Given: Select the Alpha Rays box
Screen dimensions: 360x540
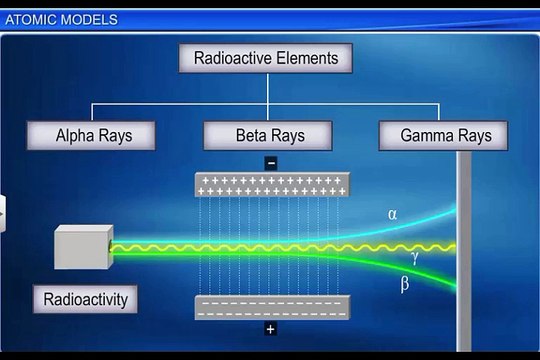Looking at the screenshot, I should (93, 134).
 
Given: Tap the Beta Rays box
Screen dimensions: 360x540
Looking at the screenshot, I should (268, 134).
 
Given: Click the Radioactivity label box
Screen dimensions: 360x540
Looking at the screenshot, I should (86, 298).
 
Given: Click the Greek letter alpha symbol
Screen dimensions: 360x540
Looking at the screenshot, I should (392, 213).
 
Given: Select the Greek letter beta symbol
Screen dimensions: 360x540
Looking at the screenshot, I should (404, 284).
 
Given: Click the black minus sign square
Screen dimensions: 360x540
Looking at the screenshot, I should (270, 162).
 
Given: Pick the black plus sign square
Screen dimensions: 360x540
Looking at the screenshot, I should (270, 329).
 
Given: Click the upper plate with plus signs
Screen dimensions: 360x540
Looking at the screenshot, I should (270, 185).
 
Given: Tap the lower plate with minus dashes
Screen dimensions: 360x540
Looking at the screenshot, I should (270, 307).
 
